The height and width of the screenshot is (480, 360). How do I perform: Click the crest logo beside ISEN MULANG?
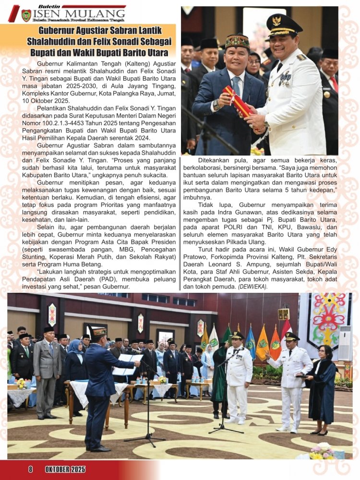(26, 15)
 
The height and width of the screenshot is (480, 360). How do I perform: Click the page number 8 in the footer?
(30, 469)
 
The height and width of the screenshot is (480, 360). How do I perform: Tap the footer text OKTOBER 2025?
(65, 469)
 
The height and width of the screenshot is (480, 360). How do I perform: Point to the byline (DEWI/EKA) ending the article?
(252, 287)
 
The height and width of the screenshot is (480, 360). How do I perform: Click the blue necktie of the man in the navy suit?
(237, 87)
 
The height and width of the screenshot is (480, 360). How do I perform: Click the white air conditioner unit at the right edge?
(345, 343)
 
